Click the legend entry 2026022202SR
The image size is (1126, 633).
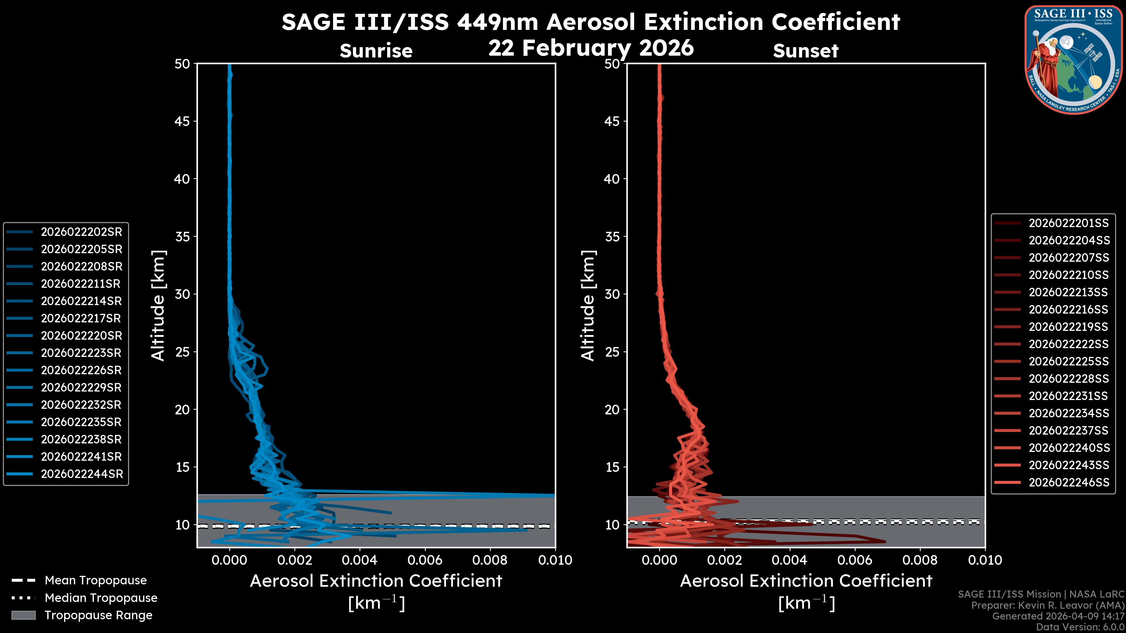[81, 232]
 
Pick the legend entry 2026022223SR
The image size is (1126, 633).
[81, 353]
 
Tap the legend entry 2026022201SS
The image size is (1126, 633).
[1068, 223]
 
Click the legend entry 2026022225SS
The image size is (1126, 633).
[1068, 361]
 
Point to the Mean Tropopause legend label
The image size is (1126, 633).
[96, 580]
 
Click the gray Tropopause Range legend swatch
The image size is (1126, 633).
[23, 615]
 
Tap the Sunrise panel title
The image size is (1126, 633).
[376, 51]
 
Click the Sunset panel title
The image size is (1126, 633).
[806, 51]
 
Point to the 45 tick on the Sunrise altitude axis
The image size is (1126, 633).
[182, 121]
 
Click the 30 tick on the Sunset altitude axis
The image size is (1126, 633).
[612, 294]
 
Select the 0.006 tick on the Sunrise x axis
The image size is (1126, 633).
[425, 560]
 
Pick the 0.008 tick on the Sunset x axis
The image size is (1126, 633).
[920, 560]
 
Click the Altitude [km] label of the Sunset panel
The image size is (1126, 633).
[588, 305]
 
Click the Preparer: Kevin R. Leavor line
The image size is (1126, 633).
[1048, 605]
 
